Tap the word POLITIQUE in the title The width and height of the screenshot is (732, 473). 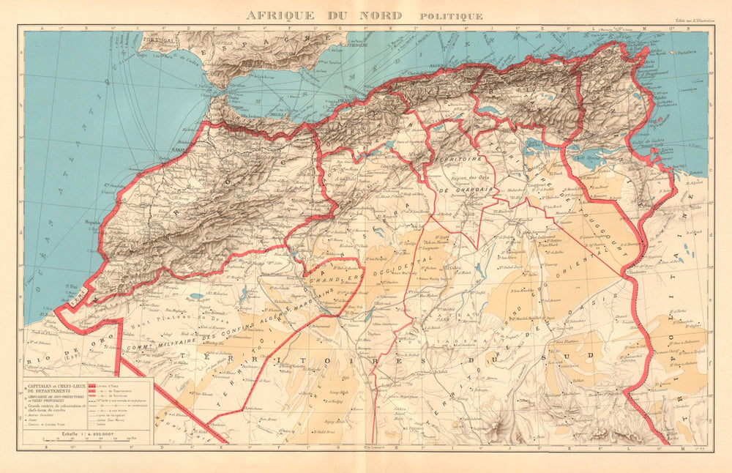(x=451, y=16)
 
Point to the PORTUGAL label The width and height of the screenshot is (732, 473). (x=160, y=41)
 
